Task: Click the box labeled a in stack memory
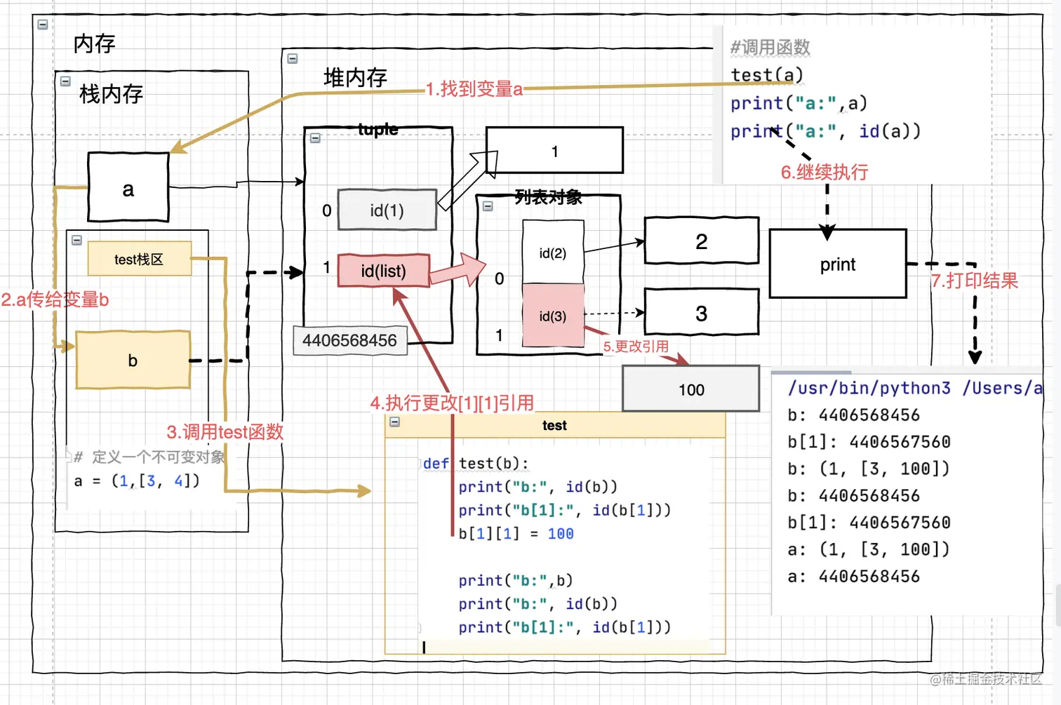click(x=128, y=187)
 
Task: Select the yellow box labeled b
click(x=133, y=360)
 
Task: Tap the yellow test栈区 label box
click(x=139, y=259)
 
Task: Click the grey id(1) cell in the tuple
click(x=387, y=210)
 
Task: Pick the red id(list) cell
click(x=383, y=271)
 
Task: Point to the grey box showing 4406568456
click(x=349, y=340)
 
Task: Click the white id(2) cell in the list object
click(x=553, y=253)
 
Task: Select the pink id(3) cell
click(x=553, y=316)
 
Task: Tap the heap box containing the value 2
click(x=701, y=241)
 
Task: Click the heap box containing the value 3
click(x=701, y=313)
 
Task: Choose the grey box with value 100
click(x=691, y=389)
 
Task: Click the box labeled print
click(x=838, y=264)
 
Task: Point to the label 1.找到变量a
click(x=474, y=89)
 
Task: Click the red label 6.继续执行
click(x=825, y=172)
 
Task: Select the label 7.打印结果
click(x=975, y=281)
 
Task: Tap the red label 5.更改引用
click(x=636, y=346)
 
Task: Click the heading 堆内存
click(x=355, y=77)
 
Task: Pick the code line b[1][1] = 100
click(x=516, y=534)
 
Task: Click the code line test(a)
click(x=766, y=75)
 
